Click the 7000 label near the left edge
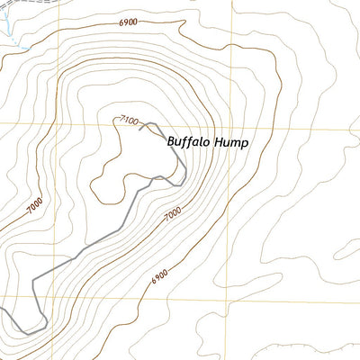(x=33, y=207)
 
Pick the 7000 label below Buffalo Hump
(x=173, y=213)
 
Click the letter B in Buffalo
(x=171, y=141)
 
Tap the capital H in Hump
(x=213, y=141)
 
